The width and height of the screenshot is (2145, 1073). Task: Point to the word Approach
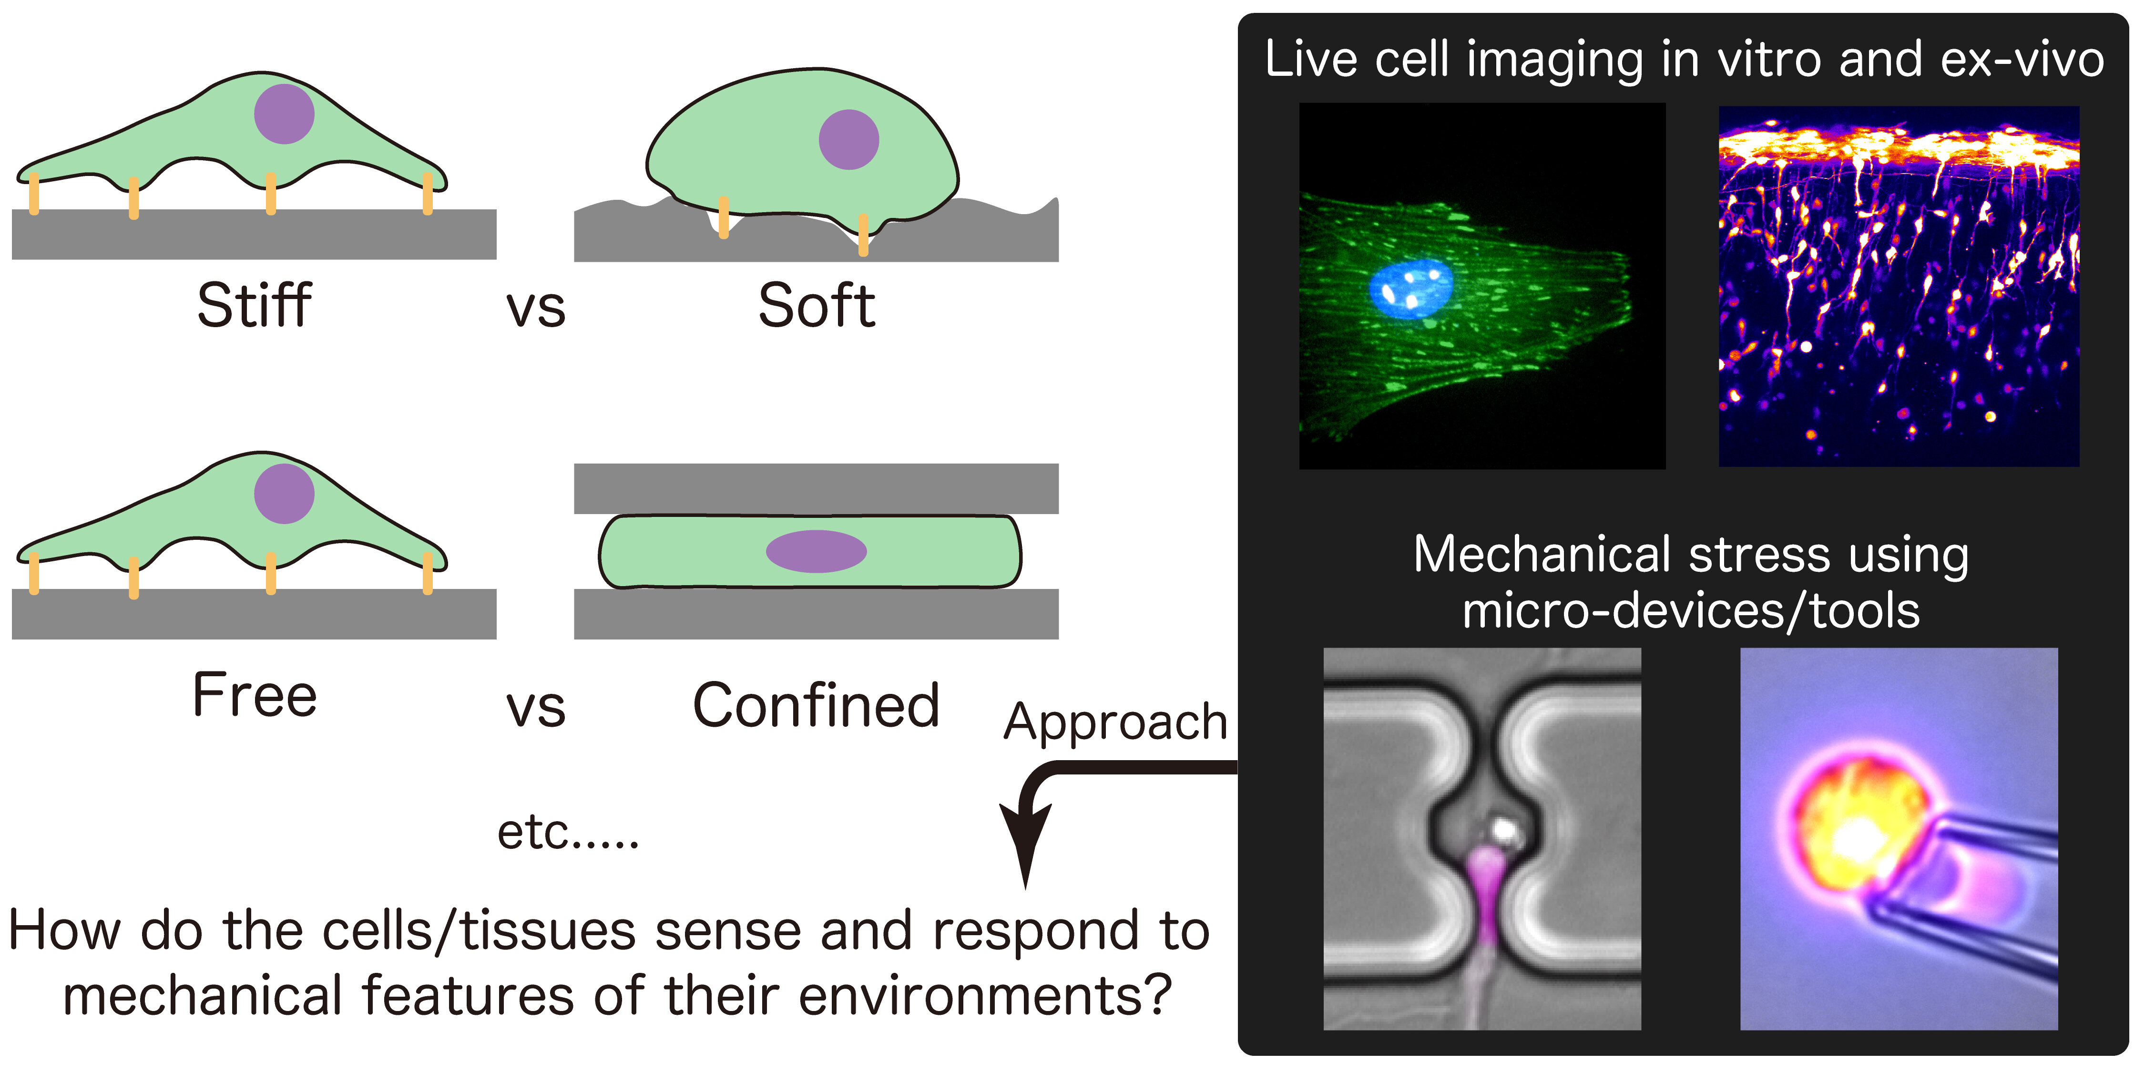[1116, 722]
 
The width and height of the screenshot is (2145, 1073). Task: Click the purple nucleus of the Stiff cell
[284, 114]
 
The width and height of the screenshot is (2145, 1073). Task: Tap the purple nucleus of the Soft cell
[848, 139]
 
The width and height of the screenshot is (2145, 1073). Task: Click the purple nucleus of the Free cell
[284, 493]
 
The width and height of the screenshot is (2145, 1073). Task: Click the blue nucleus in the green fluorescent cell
[1411, 288]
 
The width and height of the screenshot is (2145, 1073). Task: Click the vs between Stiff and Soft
[535, 308]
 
